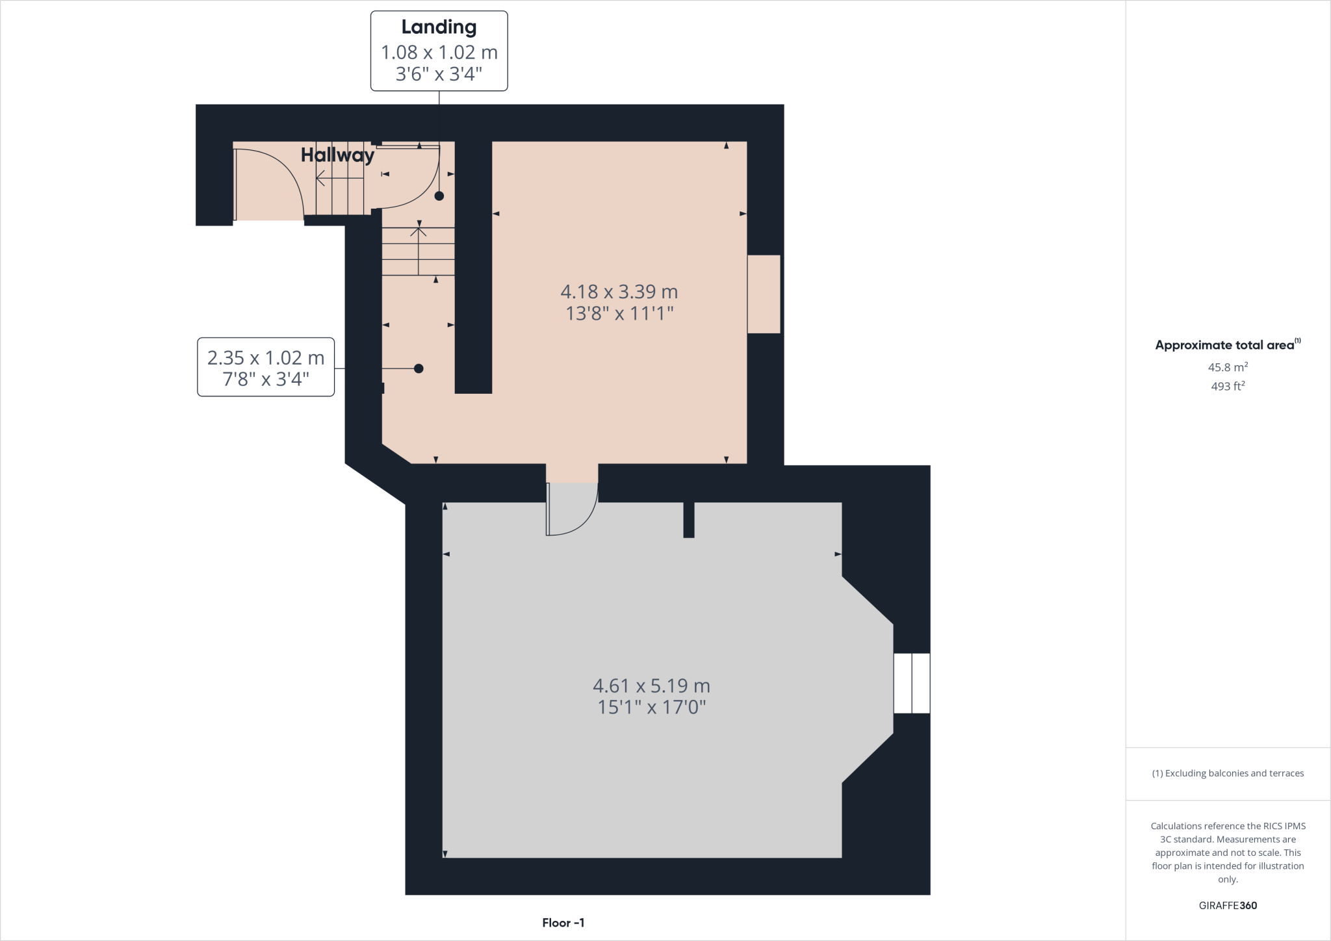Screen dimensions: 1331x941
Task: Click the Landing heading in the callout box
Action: coord(439,27)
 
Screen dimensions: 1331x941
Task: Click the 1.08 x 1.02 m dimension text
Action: coord(439,52)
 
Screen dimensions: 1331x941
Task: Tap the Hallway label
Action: coord(337,155)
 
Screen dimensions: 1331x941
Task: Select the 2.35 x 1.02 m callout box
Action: coord(266,367)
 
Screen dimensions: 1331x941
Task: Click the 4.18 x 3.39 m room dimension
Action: coord(619,292)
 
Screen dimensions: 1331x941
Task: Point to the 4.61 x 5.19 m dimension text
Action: coord(651,686)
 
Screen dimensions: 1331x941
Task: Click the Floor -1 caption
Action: coord(563,923)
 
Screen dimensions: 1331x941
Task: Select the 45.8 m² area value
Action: coord(1227,367)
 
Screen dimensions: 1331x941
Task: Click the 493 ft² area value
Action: coord(1227,386)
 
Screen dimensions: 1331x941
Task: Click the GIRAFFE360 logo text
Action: coord(1227,905)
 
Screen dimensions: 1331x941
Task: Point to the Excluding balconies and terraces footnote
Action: coord(1227,773)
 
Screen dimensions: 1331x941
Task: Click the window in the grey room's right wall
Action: coord(911,683)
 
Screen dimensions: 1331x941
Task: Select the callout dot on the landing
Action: coord(439,196)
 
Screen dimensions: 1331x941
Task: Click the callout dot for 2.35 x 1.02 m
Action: coord(419,368)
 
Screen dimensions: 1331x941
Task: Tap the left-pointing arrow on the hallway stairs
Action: coord(320,177)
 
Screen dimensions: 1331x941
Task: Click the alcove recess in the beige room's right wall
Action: coord(764,294)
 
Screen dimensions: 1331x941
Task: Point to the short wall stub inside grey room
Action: coord(689,520)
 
